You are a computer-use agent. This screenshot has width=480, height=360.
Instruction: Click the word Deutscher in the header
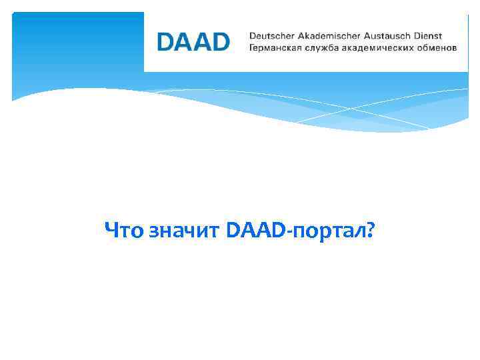tap(272, 36)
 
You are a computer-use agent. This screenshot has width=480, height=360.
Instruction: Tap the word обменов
tap(437, 49)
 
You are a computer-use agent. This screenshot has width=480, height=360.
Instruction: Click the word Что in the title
tap(123, 231)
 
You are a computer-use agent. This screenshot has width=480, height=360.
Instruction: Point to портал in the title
tap(326, 231)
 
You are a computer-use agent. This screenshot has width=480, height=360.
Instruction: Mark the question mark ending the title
tap(370, 231)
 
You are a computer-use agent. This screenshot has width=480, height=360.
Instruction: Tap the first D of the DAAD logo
tap(166, 42)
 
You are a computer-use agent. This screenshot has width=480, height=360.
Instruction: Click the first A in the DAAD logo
tap(184, 42)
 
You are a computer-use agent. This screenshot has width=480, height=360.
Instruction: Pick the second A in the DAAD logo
tap(202, 42)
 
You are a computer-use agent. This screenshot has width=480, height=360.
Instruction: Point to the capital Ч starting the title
tap(111, 231)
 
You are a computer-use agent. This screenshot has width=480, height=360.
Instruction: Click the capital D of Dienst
tap(425, 36)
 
